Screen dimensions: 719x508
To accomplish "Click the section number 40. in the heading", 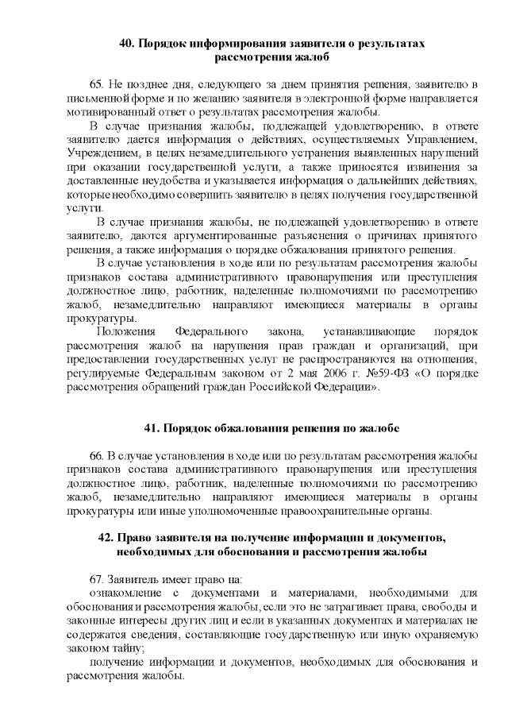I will tap(127, 44).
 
